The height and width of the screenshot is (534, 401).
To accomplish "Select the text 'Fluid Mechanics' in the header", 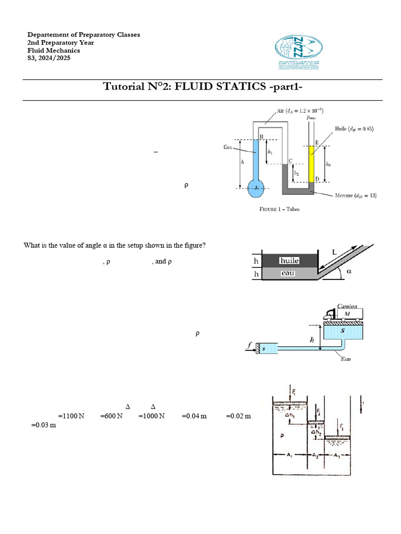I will point(54,51).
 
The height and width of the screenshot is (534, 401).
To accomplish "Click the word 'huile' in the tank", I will point(289,260).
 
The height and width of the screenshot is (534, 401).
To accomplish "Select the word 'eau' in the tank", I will point(289,273).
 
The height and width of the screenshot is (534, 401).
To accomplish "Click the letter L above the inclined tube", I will point(334,252).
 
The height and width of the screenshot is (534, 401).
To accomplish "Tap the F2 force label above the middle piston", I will point(319,412).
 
